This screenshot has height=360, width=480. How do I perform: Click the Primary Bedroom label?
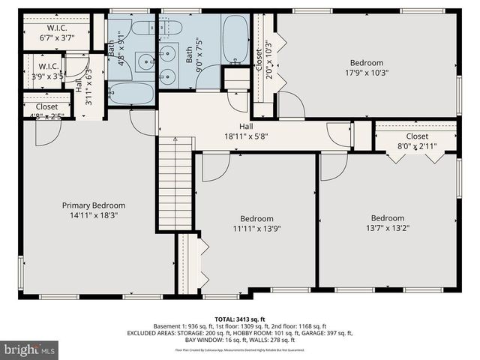[x=93, y=205]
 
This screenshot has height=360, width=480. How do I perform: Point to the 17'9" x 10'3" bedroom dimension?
[x=366, y=73]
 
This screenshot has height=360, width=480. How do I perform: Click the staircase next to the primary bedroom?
[x=175, y=184]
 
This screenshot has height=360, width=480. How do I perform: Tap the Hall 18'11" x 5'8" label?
[x=246, y=132]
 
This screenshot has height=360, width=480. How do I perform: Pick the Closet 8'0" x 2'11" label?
[x=415, y=142]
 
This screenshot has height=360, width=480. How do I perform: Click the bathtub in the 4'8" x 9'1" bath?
[x=131, y=94]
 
